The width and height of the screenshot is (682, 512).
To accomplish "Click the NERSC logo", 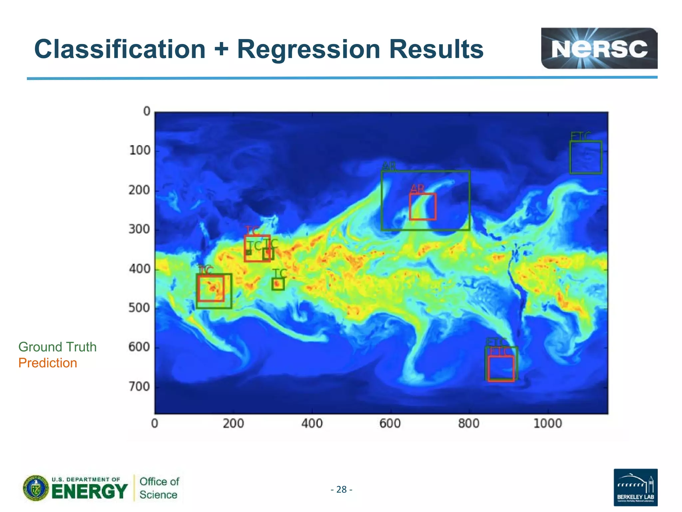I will point(599,49).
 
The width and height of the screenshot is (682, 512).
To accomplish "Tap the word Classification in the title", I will point(120,49).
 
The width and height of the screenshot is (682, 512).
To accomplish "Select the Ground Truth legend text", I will point(57,347).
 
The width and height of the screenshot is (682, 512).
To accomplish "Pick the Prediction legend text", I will point(48,363).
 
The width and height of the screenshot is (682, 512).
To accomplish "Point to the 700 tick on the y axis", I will point(139,387).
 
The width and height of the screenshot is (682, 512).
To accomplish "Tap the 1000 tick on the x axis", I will point(547,424).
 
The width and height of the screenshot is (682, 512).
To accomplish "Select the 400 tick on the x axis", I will point(312,424).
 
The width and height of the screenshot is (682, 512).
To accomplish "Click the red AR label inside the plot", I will point(417,189).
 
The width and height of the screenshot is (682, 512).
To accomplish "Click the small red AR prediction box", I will point(423,207).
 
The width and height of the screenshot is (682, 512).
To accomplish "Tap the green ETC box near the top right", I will point(585,157).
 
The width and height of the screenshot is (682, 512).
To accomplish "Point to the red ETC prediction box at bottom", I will point(501,368).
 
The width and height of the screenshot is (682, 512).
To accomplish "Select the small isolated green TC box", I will point(278,284).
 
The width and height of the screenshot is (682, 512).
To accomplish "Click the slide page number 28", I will point(341,489).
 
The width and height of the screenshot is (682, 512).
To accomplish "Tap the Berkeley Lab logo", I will point(635,487).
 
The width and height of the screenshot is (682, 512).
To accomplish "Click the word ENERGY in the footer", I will point(90,492).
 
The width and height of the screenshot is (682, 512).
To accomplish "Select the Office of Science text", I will point(159,488).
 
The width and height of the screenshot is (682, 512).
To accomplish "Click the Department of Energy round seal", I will point(36,488).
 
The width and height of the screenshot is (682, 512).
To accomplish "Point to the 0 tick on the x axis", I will point(155,424).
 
